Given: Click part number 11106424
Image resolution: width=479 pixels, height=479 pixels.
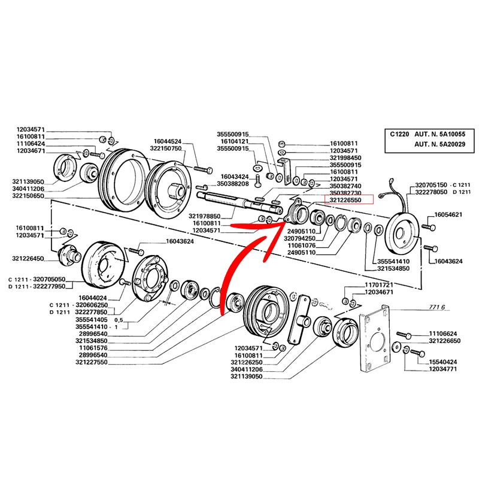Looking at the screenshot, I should click(x=32, y=144).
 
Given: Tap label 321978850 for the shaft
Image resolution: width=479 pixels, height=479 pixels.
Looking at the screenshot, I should click(x=205, y=216).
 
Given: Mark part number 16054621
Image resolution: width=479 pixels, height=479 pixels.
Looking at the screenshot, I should click(x=448, y=214).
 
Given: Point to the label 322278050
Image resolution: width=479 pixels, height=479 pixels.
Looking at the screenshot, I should click(x=431, y=193).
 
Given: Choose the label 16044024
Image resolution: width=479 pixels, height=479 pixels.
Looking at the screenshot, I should click(x=92, y=297).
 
